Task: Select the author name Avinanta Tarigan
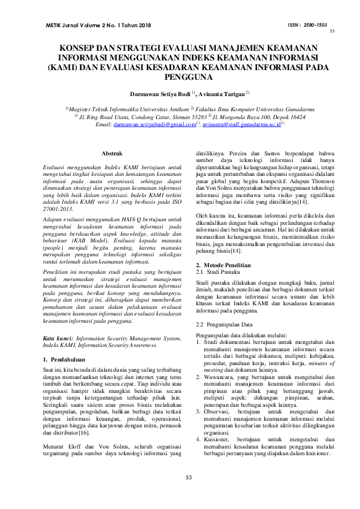221,95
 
